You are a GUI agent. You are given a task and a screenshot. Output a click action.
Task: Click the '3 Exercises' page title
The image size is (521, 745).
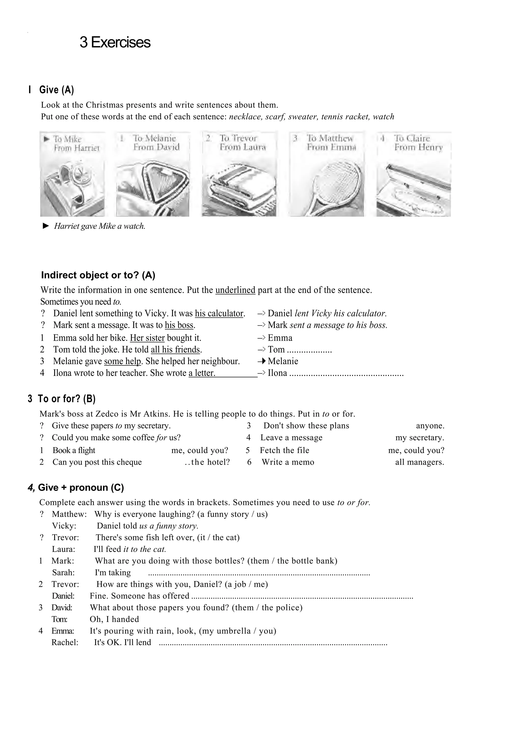point(115,43)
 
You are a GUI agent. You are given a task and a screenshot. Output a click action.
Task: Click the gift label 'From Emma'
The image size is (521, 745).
point(331,147)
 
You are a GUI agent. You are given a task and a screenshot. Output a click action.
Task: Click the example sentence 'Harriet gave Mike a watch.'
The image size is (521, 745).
point(99,226)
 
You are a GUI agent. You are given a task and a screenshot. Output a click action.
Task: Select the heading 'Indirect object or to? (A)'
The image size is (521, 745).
point(98,275)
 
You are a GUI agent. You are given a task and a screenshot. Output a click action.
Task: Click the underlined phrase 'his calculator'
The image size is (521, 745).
point(219,313)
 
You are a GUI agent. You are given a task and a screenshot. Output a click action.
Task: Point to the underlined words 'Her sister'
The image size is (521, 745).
point(147,338)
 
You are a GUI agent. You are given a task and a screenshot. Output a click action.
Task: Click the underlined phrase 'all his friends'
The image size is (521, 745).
point(175,350)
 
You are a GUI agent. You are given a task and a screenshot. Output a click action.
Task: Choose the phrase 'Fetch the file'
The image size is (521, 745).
point(284,450)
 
